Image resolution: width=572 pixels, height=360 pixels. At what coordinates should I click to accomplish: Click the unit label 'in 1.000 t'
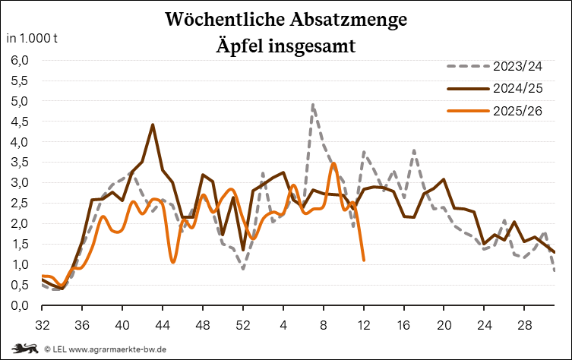coord(31,38)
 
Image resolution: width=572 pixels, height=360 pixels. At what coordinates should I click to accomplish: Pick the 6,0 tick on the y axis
coord(19,60)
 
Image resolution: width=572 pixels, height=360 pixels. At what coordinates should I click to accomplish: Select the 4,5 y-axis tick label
coord(19,122)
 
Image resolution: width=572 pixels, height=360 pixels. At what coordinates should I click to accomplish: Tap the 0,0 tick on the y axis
coord(19,305)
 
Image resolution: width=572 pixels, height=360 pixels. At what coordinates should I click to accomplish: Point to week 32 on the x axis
coord(43,324)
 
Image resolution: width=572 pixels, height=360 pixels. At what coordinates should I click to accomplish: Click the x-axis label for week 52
coord(243,324)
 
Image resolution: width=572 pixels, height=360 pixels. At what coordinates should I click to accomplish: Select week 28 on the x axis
coord(524,324)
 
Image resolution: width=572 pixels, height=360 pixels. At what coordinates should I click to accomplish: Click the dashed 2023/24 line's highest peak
coord(313,105)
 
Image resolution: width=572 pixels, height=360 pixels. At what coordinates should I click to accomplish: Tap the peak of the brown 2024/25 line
coord(153,125)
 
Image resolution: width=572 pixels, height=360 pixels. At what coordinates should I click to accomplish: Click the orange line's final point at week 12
coord(364,260)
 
